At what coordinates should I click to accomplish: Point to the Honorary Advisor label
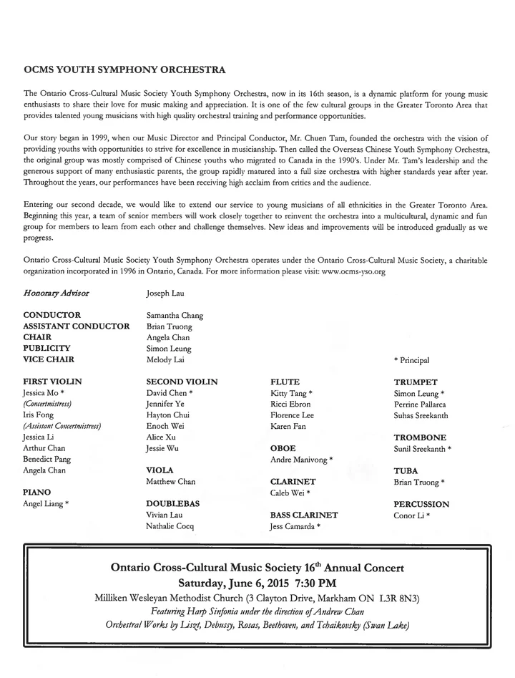click(57, 293)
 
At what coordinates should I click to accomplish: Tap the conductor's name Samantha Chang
click(175, 315)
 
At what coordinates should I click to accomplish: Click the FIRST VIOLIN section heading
click(52, 382)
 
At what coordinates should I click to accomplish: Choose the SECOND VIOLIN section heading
click(182, 382)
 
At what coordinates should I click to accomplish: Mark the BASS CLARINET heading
click(304, 515)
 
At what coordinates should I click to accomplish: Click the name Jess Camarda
click(292, 526)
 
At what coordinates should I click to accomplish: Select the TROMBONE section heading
click(420, 437)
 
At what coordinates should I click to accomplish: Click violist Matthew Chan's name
click(170, 482)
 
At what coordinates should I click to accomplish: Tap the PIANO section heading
click(40, 492)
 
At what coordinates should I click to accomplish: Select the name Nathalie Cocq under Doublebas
click(170, 526)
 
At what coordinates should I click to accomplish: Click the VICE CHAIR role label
click(49, 359)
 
